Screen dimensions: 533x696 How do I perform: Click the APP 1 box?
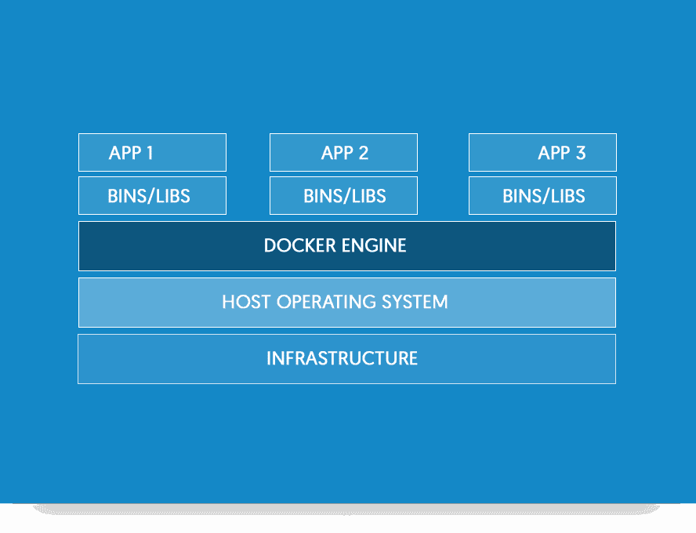click(152, 152)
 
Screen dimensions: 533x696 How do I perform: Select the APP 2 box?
click(343, 152)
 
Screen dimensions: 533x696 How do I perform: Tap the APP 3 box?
click(542, 152)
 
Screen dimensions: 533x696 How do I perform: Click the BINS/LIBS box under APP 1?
click(152, 195)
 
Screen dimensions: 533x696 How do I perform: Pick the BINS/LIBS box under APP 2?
click(343, 195)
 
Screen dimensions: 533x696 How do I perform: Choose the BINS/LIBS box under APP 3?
click(542, 195)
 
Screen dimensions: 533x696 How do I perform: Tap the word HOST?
click(245, 302)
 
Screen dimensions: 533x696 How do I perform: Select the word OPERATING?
click(323, 302)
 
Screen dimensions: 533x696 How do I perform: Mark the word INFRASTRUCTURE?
click(342, 359)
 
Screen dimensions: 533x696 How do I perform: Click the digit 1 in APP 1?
click(148, 153)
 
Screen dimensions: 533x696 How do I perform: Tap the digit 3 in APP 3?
click(580, 153)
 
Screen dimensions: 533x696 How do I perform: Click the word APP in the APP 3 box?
click(553, 153)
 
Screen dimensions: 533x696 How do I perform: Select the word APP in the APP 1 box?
click(125, 153)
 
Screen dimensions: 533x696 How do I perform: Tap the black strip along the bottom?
click(348, 519)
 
